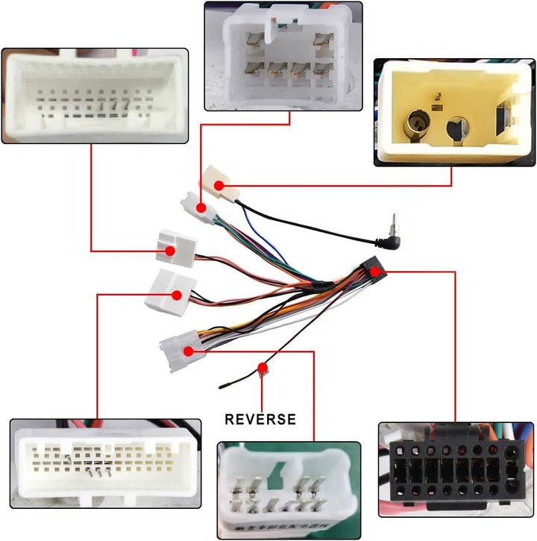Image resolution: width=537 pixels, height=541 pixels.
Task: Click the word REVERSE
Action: click(x=260, y=419)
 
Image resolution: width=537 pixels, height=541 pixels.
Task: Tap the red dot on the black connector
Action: click(x=375, y=272)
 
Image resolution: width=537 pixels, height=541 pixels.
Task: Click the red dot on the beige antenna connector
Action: click(x=219, y=186)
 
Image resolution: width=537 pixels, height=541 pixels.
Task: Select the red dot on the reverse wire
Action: click(x=263, y=367)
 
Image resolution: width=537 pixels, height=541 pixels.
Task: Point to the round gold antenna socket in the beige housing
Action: click(x=418, y=124)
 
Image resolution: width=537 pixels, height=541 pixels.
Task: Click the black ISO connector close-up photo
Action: click(x=456, y=469)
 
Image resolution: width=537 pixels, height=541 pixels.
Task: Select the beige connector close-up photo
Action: click(x=454, y=113)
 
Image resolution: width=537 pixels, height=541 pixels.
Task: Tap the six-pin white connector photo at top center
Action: click(x=283, y=56)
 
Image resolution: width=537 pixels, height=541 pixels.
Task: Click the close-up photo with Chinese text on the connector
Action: click(x=289, y=490)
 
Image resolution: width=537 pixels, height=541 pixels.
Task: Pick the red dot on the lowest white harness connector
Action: click(x=188, y=351)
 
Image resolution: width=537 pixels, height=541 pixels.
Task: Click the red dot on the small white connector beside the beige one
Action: click(x=201, y=208)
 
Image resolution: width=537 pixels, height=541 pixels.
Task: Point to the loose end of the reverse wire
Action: click(x=220, y=387)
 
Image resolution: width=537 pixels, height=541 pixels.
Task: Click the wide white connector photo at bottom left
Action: click(x=106, y=463)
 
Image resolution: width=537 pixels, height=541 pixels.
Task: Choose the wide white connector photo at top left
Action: click(x=95, y=96)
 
